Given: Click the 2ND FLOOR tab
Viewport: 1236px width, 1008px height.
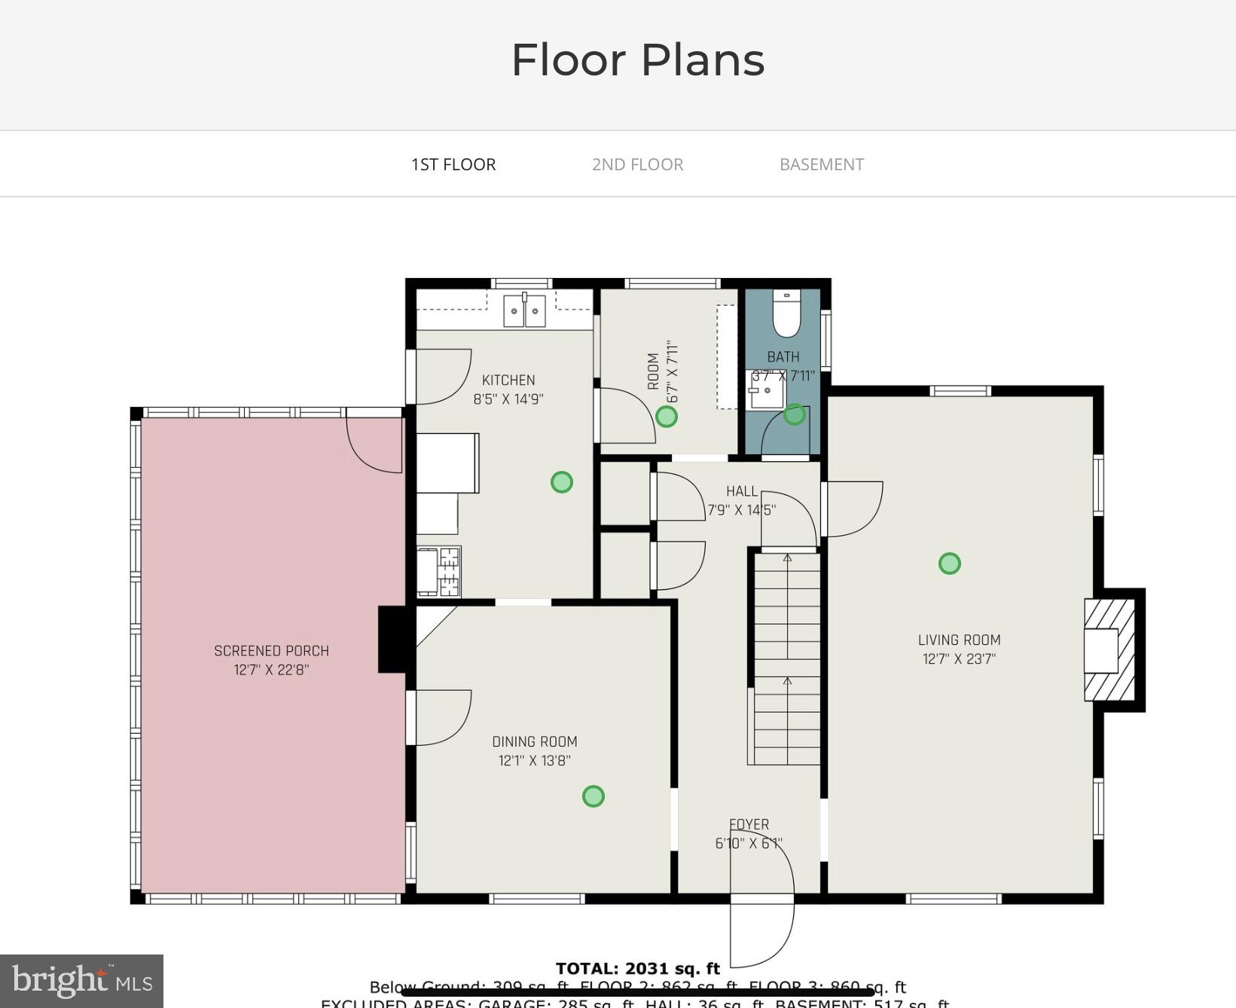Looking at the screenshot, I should click(x=637, y=164).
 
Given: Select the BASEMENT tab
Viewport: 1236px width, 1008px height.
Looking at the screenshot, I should click(x=821, y=164).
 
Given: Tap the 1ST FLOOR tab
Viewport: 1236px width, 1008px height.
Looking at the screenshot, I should click(x=453, y=164).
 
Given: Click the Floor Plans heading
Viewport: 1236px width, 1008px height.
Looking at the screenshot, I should click(x=637, y=60).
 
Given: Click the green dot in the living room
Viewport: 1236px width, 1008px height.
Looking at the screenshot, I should click(x=949, y=563).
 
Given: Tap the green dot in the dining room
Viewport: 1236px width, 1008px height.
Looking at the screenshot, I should click(x=593, y=796).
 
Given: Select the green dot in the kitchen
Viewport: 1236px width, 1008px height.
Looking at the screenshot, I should click(x=561, y=481).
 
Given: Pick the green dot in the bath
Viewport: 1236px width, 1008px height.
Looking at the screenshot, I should click(x=794, y=414).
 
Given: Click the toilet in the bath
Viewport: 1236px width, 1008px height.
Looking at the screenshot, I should click(x=786, y=314).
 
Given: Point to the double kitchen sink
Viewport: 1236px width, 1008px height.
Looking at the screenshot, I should click(x=524, y=310).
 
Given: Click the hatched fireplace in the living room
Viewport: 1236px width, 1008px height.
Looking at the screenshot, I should click(x=1109, y=650).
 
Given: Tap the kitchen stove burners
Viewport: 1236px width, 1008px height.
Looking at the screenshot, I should click(x=449, y=571).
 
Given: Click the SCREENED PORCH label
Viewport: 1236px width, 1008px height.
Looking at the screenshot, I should click(x=271, y=650).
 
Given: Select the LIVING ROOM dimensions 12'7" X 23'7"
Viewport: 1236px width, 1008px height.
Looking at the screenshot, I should click(x=959, y=659).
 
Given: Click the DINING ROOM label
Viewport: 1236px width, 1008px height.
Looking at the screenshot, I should click(x=534, y=741).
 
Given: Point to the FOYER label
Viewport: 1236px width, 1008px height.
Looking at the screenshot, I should click(x=749, y=824).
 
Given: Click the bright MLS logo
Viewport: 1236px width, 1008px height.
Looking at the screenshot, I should click(x=81, y=981).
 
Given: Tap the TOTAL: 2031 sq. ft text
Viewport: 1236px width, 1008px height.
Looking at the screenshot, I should click(x=637, y=969).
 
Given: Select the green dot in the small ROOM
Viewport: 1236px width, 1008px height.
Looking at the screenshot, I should click(x=666, y=416).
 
